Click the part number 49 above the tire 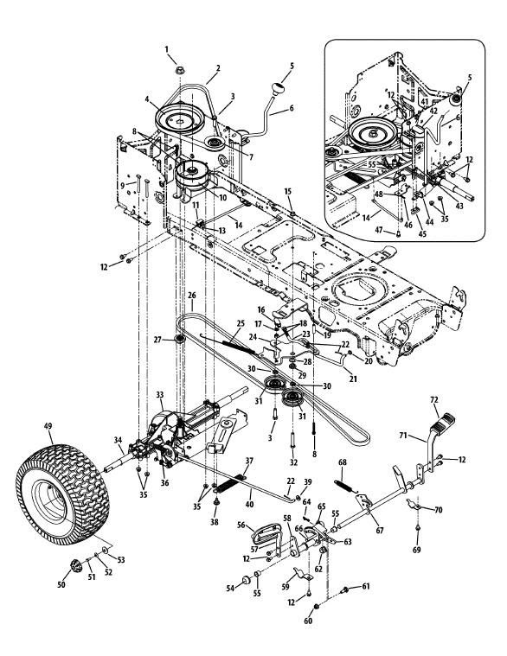pos(48,426)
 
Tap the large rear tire pos(62,494)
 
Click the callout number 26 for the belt pos(192,295)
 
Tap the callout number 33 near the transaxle pos(160,394)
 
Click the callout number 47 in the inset pos(379,229)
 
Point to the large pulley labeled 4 pos(180,119)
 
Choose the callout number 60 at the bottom pos(308,621)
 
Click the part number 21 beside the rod pos(353,379)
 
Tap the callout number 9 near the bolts pos(122,185)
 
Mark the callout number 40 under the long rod pos(249,504)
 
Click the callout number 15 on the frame pos(288,191)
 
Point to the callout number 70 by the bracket pos(438,510)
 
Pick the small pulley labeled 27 pos(180,339)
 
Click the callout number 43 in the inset pos(459,207)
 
